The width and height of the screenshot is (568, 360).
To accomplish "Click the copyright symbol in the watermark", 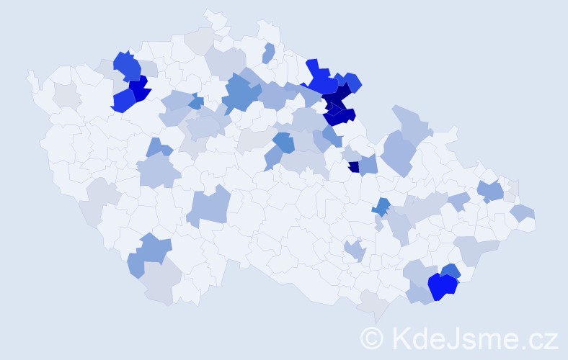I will [373, 337].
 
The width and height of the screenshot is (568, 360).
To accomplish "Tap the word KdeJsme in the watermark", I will [451, 337].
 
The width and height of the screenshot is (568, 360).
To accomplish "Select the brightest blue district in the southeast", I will [442, 287].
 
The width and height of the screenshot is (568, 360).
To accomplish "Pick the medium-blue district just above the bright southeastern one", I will [451, 271].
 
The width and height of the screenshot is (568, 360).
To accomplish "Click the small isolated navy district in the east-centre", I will [353, 166].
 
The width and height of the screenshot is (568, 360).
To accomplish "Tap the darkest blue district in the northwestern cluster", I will [139, 89].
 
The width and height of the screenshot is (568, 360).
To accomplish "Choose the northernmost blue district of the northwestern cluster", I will [126, 66].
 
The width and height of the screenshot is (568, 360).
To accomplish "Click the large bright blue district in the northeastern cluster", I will [320, 79].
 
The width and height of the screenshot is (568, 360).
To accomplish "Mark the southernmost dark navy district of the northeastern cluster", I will [340, 115].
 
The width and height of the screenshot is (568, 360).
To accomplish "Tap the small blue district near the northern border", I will [269, 53].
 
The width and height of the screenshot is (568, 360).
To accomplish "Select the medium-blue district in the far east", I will [491, 191].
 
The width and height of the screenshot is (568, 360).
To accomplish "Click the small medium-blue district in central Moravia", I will [381, 207].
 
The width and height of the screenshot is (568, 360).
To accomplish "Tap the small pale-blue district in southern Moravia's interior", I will [355, 251].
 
